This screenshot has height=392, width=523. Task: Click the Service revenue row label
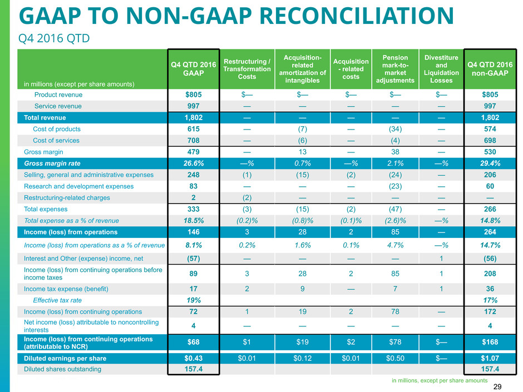tap(57, 106)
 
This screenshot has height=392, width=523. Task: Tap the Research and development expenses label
tap(78, 186)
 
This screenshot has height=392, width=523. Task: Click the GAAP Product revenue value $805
tap(194, 95)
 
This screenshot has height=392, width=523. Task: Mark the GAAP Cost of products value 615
tap(194, 129)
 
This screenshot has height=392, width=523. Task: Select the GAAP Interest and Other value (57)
tap(194, 257)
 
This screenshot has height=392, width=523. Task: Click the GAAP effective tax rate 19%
tap(194, 300)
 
